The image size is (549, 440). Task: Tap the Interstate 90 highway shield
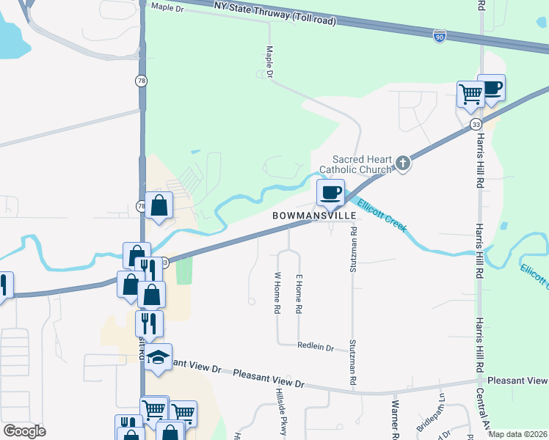point(439,36)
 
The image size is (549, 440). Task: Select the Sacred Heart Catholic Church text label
point(363,164)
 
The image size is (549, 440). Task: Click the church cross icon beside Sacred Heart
point(402,163)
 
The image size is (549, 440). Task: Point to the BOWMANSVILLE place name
point(314,216)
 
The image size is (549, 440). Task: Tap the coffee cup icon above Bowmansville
point(330,192)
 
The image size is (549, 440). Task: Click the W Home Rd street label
point(277,293)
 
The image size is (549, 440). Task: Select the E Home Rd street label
point(299,295)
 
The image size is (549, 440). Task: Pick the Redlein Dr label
point(316,346)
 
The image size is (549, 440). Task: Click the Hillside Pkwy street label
point(280,411)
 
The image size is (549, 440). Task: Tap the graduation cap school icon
point(158,357)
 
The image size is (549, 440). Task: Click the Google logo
point(24,431)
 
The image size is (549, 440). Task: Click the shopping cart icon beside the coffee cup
point(470,93)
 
